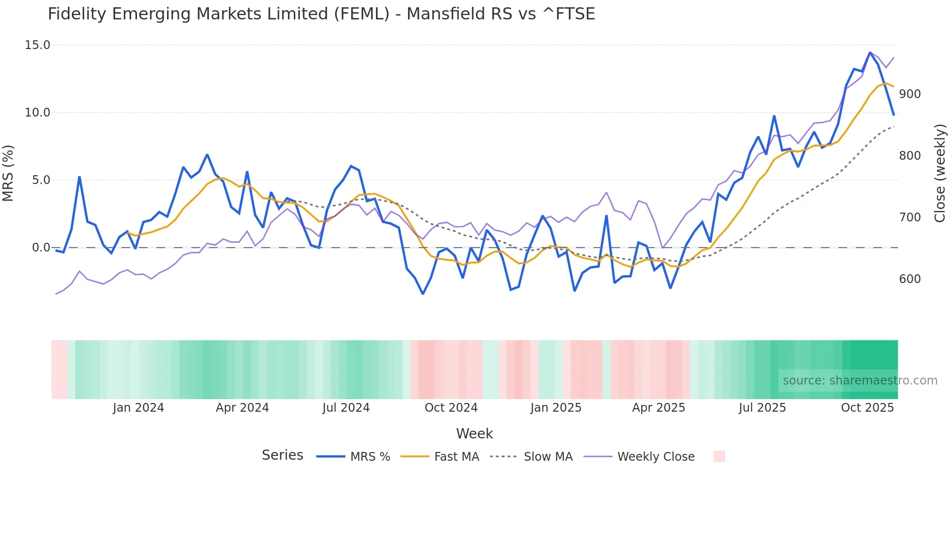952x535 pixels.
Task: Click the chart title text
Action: click(x=321, y=14)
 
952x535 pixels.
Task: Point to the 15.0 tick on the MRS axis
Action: click(x=37, y=45)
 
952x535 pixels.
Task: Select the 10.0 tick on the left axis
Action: click(x=37, y=113)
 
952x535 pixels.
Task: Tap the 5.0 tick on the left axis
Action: click(x=41, y=180)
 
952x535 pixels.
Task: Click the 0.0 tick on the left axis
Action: click(x=41, y=248)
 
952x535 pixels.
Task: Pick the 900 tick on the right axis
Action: click(x=910, y=94)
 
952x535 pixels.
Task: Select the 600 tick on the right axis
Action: click(x=910, y=279)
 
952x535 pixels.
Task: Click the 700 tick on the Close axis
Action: click(x=910, y=217)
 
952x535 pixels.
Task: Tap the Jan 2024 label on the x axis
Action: click(x=138, y=408)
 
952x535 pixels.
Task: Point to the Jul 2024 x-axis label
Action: click(x=346, y=408)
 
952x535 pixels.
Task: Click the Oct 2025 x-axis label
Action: click(x=867, y=408)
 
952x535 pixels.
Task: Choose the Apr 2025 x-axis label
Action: click(x=658, y=408)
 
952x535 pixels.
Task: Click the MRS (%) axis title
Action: click(x=8, y=173)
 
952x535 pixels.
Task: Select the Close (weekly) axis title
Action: click(x=940, y=173)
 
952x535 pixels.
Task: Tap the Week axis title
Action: click(x=475, y=434)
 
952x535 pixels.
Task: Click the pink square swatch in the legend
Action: click(x=719, y=456)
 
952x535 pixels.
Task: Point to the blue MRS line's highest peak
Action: click(x=870, y=52)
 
